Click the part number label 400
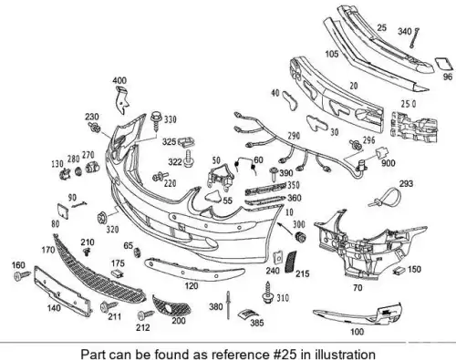[119, 81]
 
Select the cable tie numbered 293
[385, 197]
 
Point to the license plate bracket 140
[63, 291]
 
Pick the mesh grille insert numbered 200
[171, 305]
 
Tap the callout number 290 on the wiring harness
[294, 136]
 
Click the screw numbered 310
[268, 292]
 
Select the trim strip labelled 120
[194, 269]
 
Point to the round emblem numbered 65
[138, 252]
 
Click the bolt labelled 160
[22, 275]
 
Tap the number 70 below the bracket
[358, 287]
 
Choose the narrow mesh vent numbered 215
[290, 262]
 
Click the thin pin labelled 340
[414, 38]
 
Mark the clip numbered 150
[399, 271]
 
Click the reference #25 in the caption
[284, 354]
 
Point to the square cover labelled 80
[62, 211]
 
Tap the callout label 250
[409, 104]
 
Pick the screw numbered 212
[146, 314]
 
